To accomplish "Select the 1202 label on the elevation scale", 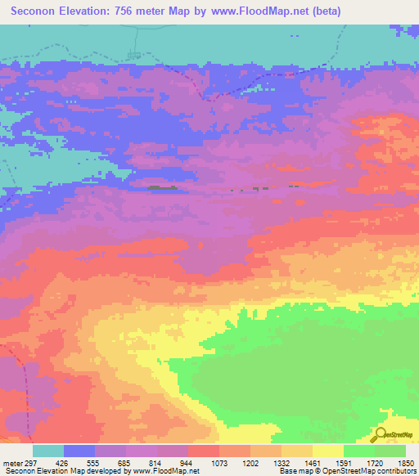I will pos(250,464).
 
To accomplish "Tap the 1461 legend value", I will pos(312,464).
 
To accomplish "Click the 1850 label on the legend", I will pos(405,464).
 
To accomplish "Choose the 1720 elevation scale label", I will pos(374,464).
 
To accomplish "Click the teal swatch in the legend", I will pos(48,451).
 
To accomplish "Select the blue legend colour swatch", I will pos(79,451).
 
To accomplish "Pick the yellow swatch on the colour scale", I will pos(327,451).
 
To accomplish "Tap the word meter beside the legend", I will pos(11,464).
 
